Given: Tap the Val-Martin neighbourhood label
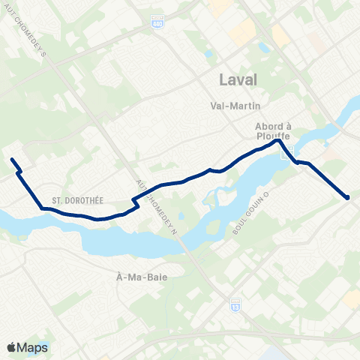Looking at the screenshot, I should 235,106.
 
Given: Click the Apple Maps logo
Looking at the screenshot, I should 27,347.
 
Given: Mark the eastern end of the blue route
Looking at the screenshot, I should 347,197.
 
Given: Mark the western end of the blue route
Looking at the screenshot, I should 12,159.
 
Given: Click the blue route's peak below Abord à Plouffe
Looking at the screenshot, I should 278,140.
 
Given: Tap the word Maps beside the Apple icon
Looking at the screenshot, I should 33,347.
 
